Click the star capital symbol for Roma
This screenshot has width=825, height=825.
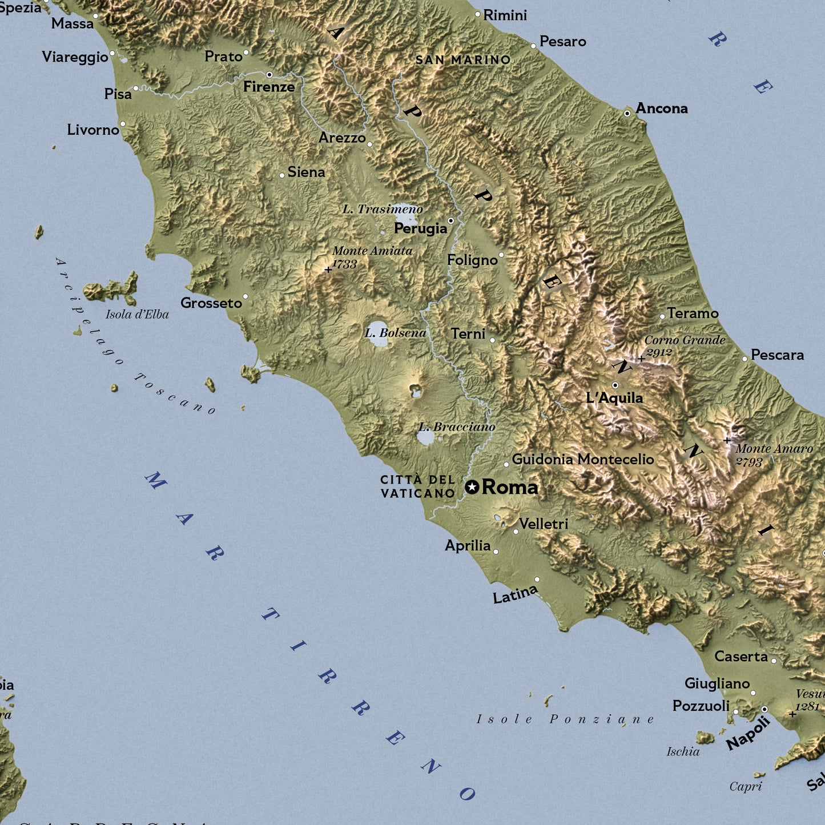472,487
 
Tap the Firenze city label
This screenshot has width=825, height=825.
269,87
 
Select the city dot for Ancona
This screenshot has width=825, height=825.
627,114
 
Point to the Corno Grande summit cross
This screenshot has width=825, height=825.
641,359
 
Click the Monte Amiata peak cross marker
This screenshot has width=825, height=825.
328,269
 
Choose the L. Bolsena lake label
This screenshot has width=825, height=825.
396,333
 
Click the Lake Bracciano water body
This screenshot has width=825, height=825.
425,438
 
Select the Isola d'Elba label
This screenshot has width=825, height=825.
137,315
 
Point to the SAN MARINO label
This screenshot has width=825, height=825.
463,60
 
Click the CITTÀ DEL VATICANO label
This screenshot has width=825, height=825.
418,486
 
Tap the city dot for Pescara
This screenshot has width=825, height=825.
744,359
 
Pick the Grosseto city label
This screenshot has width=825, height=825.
211,303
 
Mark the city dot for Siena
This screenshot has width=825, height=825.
282,175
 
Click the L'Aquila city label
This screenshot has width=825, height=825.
614,398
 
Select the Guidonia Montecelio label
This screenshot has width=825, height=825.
583,459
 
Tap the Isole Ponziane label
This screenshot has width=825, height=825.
565,719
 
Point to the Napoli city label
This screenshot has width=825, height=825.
748,733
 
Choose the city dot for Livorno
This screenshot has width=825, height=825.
122,124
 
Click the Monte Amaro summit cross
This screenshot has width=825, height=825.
727,440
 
